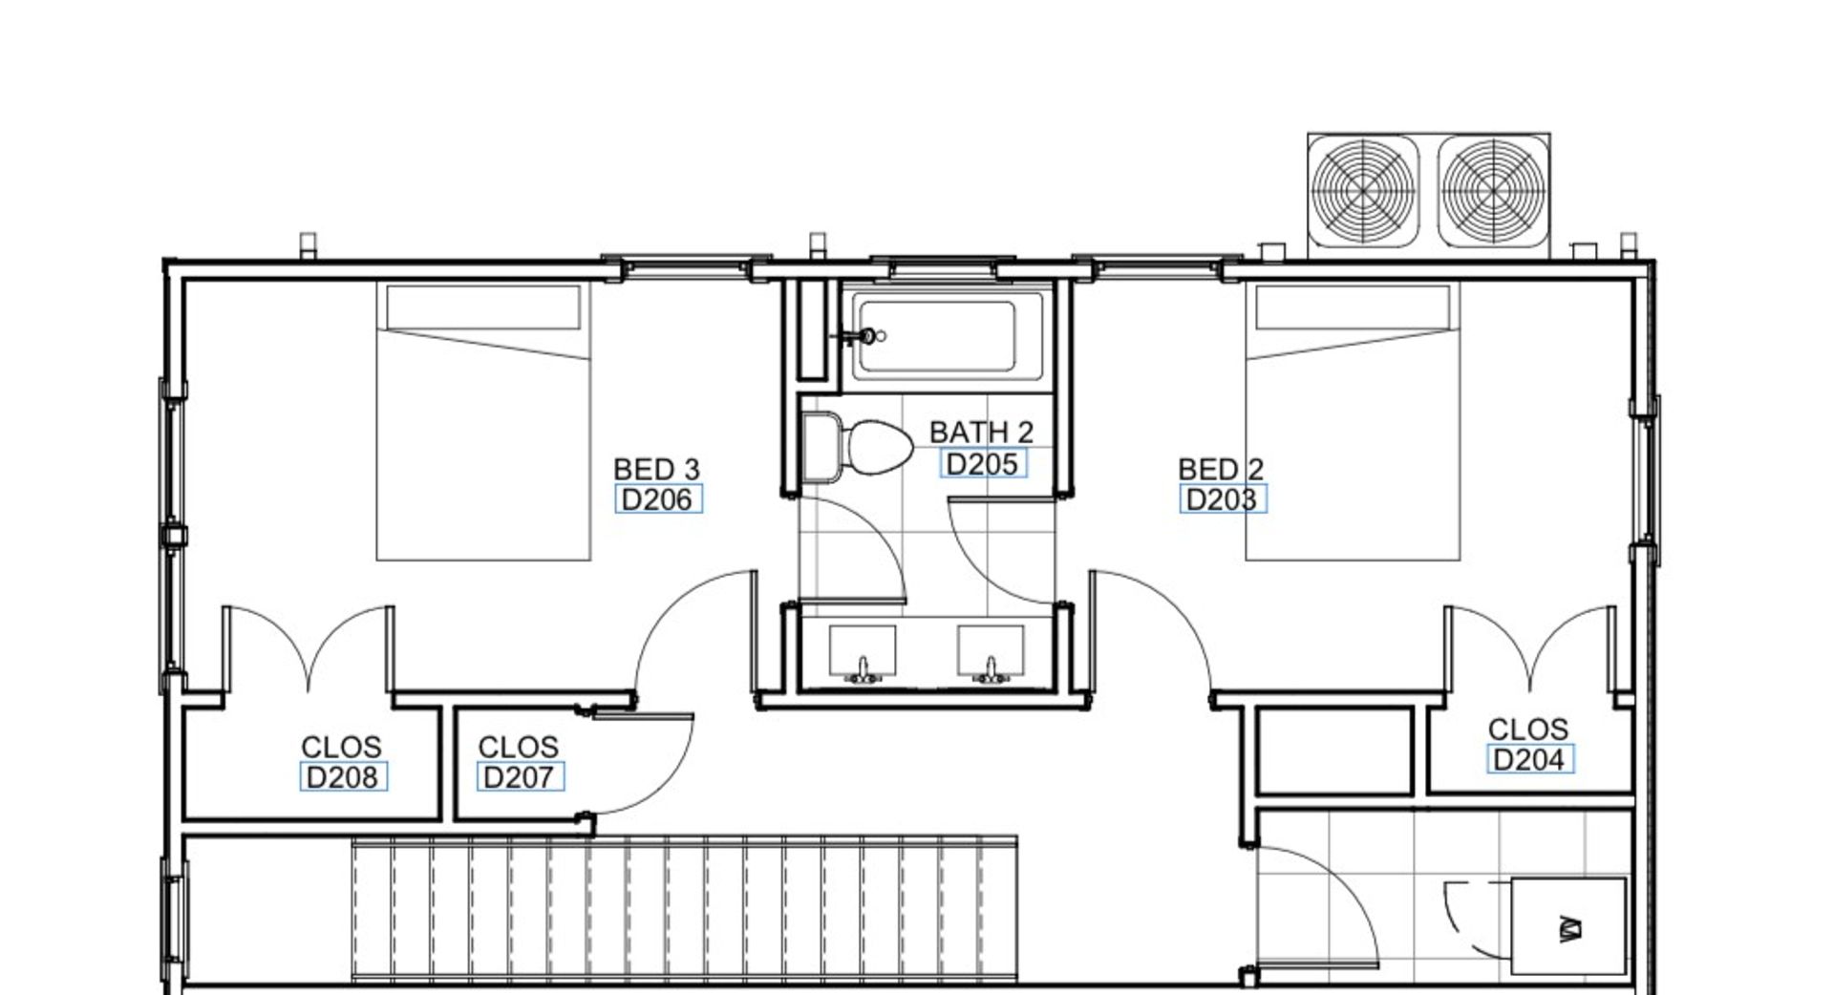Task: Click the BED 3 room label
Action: [x=656, y=469]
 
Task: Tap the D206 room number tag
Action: [x=658, y=499]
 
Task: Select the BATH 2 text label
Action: [x=981, y=433]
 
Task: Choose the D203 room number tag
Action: [x=1223, y=499]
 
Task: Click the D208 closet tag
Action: [x=343, y=777]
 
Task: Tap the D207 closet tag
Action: [x=520, y=777]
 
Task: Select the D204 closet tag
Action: [x=1529, y=760]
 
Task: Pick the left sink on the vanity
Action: [x=863, y=654]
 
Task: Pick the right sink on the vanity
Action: [x=991, y=654]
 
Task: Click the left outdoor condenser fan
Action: [x=1363, y=191]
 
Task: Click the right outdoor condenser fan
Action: [x=1493, y=191]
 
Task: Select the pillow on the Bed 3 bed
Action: [x=483, y=307]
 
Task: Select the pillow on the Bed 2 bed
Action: [x=1353, y=307]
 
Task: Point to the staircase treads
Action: [x=684, y=909]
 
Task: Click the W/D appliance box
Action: [x=1567, y=925]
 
